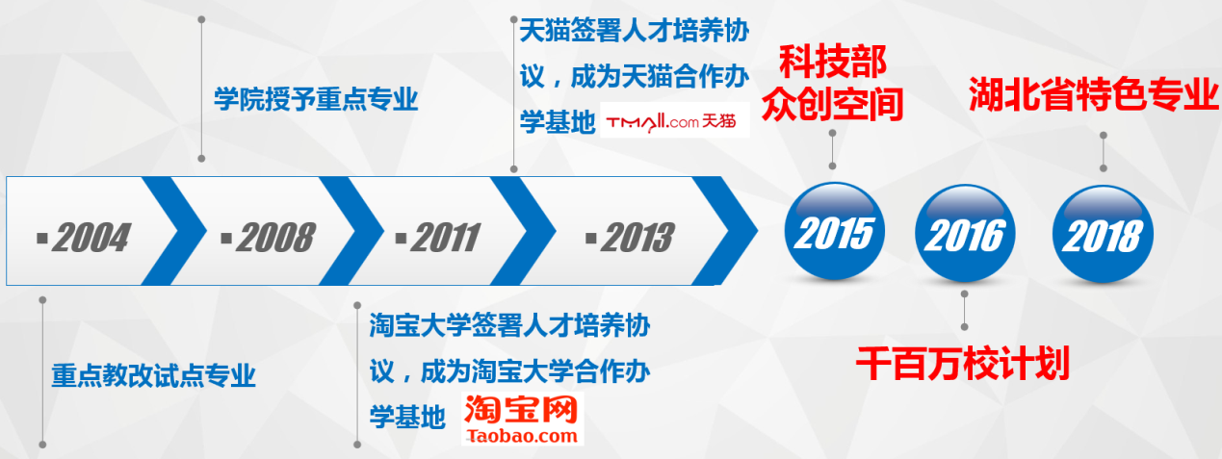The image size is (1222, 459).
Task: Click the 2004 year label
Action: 91,238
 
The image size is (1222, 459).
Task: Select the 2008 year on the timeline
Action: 276,238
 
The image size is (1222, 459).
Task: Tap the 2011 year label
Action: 446,238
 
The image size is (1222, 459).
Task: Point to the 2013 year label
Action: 637,238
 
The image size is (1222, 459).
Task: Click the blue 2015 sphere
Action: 834,231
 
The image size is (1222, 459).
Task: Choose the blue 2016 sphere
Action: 965,233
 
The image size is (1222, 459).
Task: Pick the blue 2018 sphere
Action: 1103,235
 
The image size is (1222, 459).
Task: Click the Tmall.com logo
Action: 675,120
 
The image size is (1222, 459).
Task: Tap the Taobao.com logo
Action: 522,419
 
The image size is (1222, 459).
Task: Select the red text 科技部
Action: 833,63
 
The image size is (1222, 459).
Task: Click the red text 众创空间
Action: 833,104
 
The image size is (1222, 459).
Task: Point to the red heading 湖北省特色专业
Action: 1094,94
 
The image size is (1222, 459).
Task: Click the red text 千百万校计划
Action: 962,364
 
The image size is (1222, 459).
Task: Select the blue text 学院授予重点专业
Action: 316,99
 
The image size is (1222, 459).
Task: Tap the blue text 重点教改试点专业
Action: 153,375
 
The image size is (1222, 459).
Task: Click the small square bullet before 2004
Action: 42,239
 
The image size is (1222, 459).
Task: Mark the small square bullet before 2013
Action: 590,239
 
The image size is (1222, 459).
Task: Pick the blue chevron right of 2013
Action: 724,231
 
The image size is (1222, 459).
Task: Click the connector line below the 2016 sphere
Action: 965,310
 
